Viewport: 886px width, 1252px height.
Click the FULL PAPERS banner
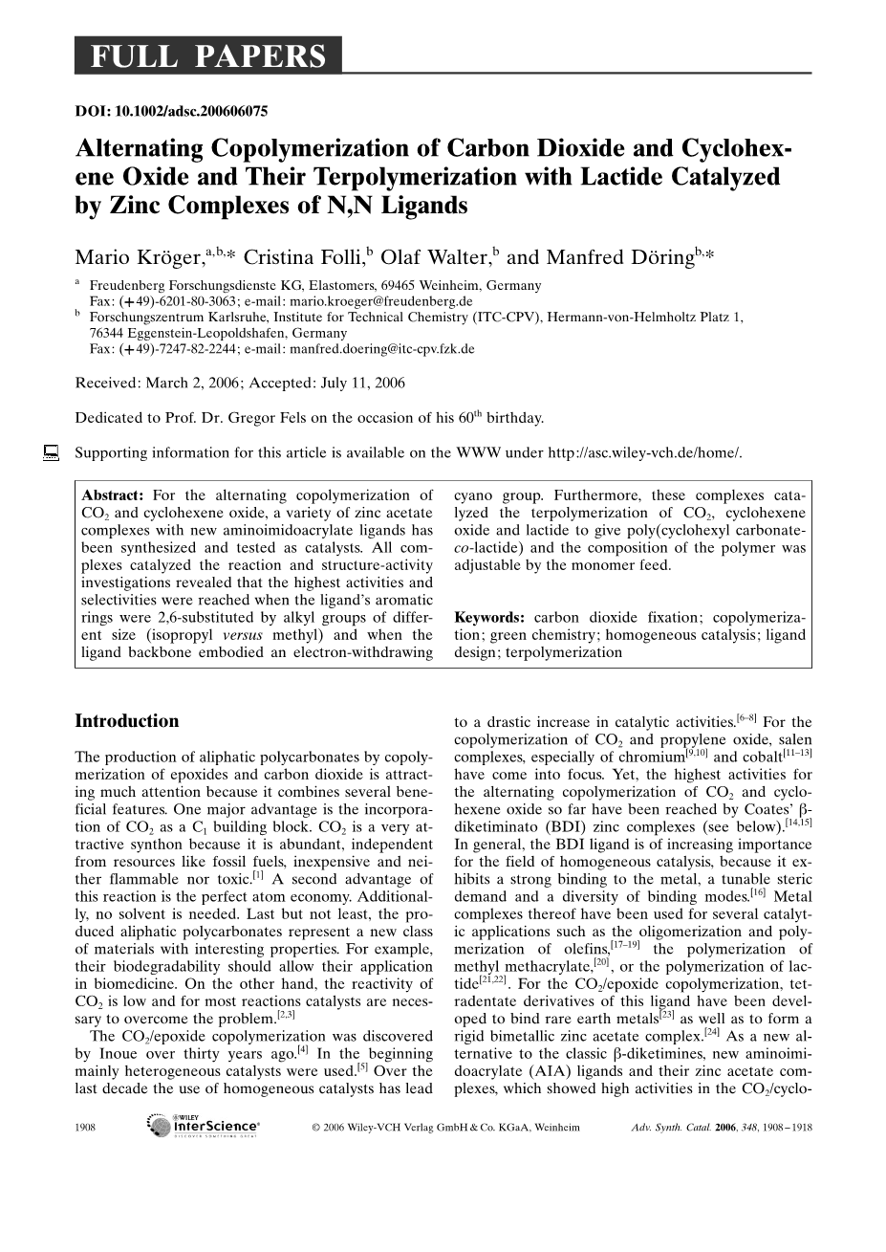coord(207,57)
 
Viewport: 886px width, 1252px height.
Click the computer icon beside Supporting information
coord(51,452)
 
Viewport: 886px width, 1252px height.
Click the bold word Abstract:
coord(113,495)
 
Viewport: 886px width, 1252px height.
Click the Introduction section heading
coord(127,721)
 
